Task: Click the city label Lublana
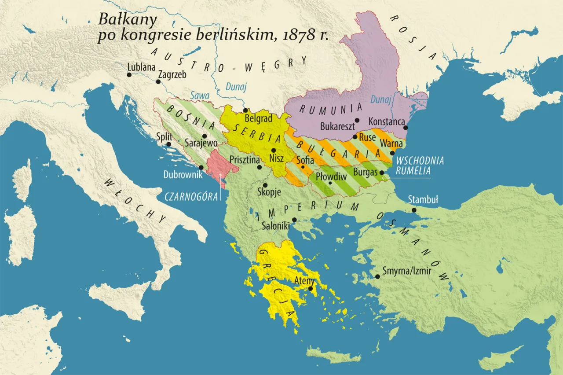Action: [141, 67]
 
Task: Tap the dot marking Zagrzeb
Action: [158, 82]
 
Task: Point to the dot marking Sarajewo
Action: [205, 136]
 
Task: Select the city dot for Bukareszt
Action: [357, 120]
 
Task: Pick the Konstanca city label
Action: [386, 121]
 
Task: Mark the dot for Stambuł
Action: [414, 210]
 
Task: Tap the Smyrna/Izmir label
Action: [407, 271]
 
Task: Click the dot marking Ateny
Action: [311, 289]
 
